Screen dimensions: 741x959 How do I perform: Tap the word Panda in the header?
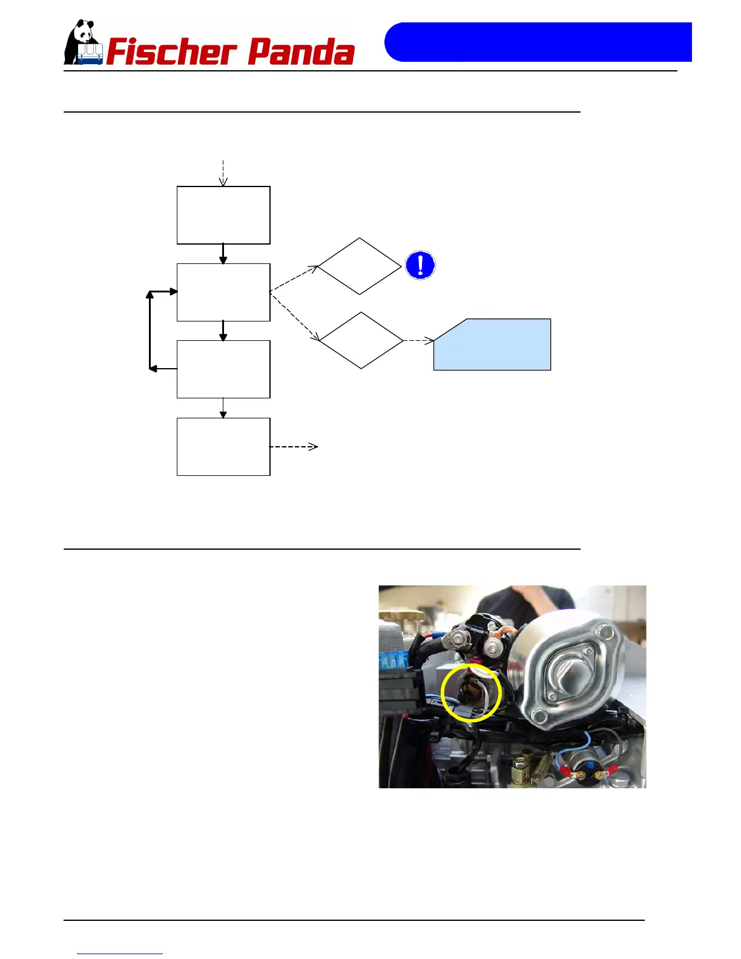[x=301, y=52]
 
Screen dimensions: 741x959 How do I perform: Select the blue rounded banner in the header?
[x=538, y=42]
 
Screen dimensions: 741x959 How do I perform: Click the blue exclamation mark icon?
[x=420, y=265]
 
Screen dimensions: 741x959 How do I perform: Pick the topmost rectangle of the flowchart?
[x=223, y=216]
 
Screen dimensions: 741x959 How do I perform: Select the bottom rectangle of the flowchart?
[x=223, y=447]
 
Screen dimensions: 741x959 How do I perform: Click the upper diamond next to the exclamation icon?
[x=360, y=266]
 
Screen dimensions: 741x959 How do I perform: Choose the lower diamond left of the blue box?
[x=361, y=340]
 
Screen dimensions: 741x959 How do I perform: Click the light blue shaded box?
[x=492, y=344]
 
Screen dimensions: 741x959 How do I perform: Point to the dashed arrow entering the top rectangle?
[x=223, y=173]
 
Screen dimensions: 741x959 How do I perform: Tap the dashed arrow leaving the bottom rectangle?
[x=294, y=447]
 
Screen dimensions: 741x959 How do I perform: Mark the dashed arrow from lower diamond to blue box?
[x=418, y=341]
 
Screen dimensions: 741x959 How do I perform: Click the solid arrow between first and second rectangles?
[x=223, y=254]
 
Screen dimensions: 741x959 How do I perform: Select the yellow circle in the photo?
[x=471, y=693]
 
